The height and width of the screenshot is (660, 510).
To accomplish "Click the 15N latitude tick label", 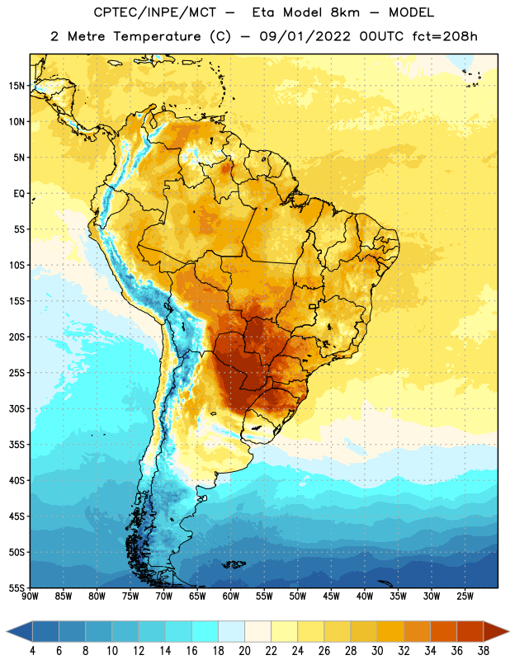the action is (17, 86).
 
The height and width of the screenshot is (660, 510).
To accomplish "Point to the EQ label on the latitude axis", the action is (19, 194).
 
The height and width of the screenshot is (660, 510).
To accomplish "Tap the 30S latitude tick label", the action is (17, 408).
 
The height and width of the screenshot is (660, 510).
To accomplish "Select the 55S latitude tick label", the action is (17, 587).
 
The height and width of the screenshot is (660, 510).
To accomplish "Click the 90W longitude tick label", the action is (30, 596).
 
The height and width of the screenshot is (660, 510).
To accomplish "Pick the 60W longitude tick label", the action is (231, 596).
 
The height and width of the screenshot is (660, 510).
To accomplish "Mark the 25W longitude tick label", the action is (465, 596).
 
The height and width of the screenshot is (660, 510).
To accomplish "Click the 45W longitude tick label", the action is (331, 596).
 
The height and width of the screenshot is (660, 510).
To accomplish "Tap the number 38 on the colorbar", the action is (483, 651).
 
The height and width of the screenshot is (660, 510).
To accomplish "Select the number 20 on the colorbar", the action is (244, 651).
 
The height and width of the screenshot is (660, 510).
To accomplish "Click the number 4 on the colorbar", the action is (32, 651).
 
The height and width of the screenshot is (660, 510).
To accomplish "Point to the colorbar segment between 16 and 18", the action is (205, 631).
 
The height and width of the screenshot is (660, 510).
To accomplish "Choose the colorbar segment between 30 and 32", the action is (390, 631).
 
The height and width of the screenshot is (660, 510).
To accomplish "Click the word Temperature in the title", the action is (157, 36).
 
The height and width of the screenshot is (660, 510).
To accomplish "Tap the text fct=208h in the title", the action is (445, 36).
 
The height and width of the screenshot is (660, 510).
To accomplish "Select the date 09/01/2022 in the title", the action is (305, 36).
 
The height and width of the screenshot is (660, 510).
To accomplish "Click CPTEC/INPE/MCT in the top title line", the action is (154, 12).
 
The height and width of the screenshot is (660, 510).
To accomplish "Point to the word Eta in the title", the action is (263, 12).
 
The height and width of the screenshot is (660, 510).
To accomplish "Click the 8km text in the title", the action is (345, 12).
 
